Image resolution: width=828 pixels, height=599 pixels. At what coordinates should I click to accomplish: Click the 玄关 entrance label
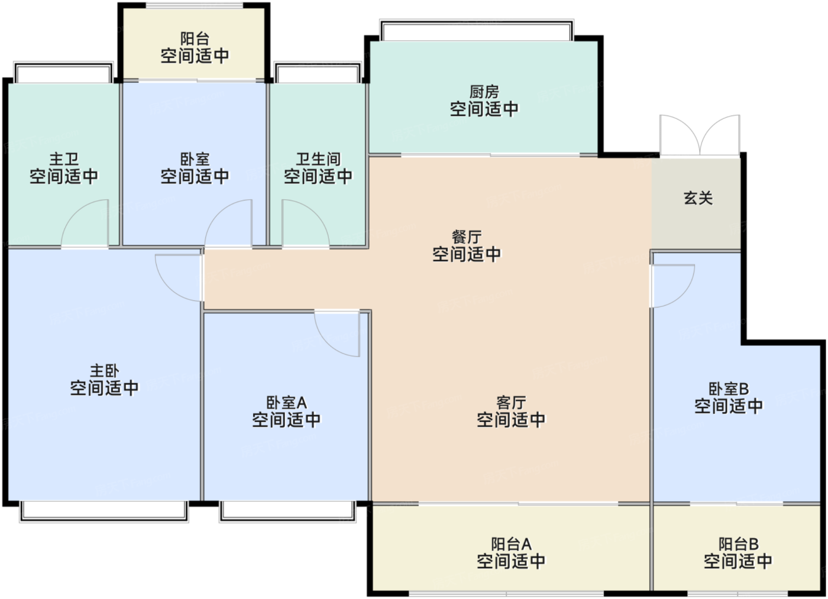[x=698, y=198]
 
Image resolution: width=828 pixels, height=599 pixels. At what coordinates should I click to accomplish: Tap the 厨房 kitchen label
[x=484, y=92]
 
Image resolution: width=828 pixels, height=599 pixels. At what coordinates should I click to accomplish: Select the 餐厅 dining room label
[x=466, y=237]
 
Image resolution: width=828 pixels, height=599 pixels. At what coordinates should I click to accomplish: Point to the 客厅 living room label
[x=511, y=403]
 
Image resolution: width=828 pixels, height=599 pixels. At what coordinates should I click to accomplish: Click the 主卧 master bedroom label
[x=105, y=371]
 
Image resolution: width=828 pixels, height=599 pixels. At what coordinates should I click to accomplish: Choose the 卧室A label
[x=286, y=403]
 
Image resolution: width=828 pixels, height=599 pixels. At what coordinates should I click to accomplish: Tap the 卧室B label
[x=729, y=389]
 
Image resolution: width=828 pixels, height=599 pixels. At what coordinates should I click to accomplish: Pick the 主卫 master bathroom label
[x=64, y=159]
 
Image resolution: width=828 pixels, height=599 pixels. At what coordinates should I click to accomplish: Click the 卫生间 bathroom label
[x=318, y=159]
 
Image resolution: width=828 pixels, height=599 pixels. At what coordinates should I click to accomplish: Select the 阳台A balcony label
[x=511, y=544]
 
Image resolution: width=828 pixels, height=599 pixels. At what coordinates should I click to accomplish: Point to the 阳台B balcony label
[x=738, y=544]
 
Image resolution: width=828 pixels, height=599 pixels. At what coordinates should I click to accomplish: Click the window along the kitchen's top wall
[x=477, y=30]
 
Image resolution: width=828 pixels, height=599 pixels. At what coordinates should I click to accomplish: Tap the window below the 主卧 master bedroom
[x=104, y=511]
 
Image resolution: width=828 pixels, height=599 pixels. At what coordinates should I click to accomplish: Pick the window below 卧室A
[x=287, y=511]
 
